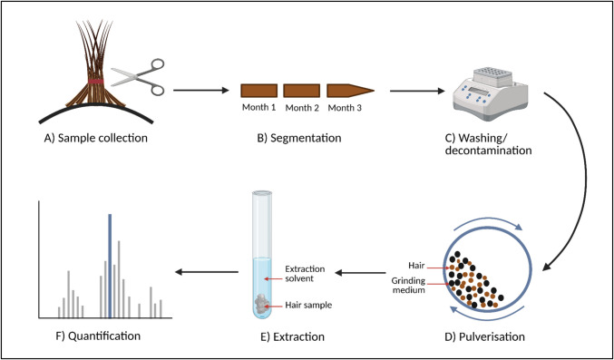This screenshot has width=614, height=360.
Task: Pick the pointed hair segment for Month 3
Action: (350, 92)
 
